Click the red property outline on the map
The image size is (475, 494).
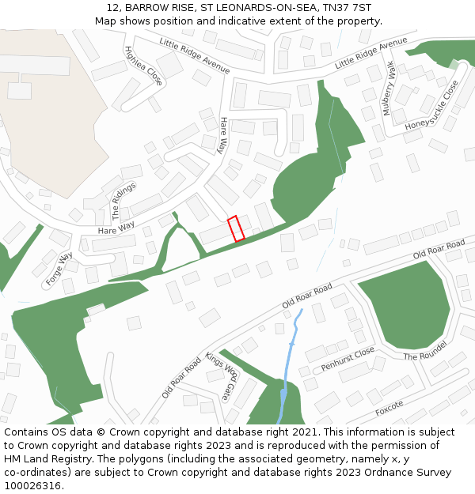coord(236,228)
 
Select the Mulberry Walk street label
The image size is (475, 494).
coord(389,89)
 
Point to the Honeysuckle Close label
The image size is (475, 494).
coord(432,105)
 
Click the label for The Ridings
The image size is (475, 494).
coord(124,201)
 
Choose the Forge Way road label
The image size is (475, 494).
coord(59,268)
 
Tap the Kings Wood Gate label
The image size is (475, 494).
coord(222,375)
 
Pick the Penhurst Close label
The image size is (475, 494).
coord(348,359)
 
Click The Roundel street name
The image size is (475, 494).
coord(425,351)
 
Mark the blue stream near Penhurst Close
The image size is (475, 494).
coord(291,348)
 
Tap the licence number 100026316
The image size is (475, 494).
coord(32,486)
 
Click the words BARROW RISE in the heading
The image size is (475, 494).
coord(157,7)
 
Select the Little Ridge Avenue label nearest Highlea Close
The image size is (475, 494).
coord(194,55)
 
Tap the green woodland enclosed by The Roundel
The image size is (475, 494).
coord(404,304)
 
